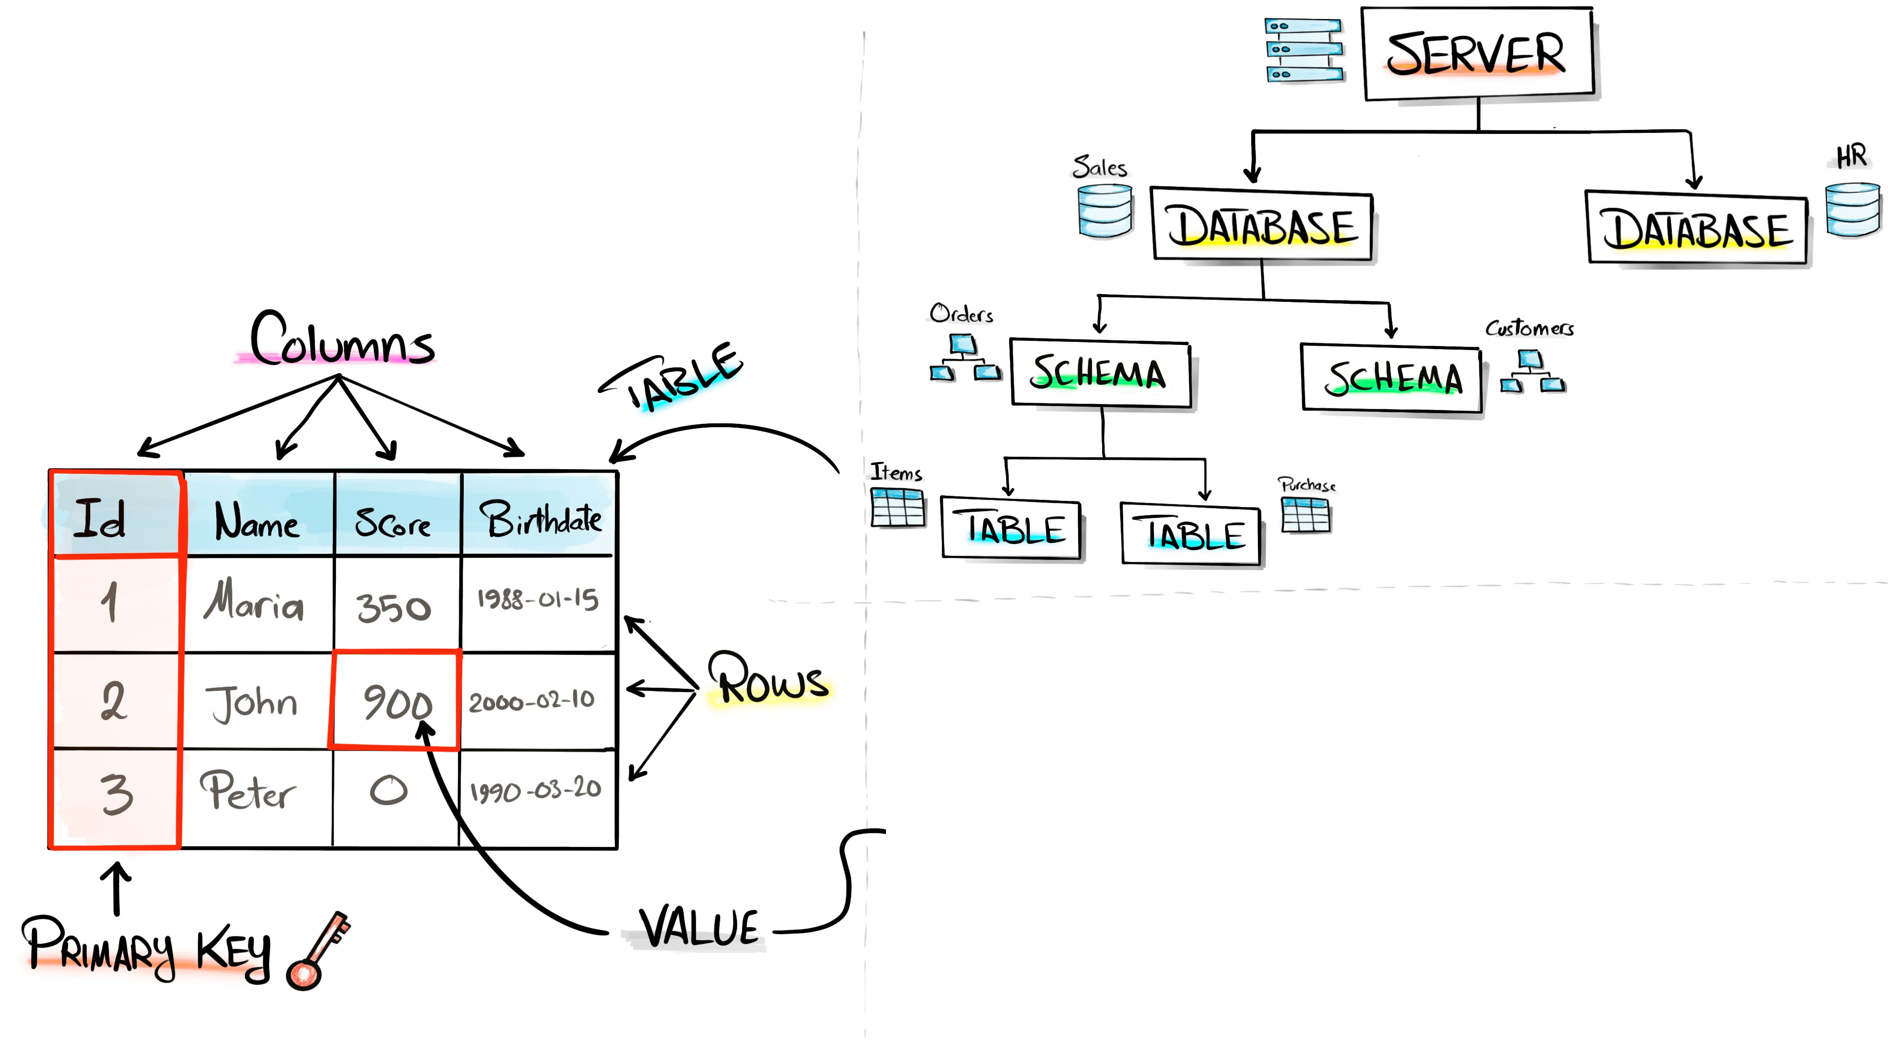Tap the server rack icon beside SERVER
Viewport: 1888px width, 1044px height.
(1304, 50)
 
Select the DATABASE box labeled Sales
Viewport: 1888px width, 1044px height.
(1261, 226)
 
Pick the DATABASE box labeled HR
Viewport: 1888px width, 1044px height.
(1696, 229)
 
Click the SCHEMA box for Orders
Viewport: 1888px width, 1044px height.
(1100, 373)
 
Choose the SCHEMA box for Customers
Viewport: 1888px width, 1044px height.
(1391, 378)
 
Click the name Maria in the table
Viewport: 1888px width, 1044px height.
(254, 602)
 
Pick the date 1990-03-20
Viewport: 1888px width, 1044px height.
(536, 790)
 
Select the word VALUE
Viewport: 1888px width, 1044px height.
(699, 928)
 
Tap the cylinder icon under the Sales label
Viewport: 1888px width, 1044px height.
(1105, 211)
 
